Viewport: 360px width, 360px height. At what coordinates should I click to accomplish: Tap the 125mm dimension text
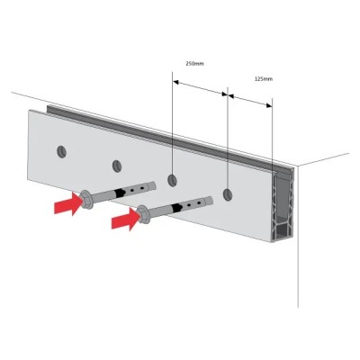(264, 79)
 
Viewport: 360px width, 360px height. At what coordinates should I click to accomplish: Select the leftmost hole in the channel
(61, 152)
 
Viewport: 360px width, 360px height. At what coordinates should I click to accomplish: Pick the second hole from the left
(117, 166)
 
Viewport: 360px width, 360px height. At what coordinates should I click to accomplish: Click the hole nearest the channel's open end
(228, 195)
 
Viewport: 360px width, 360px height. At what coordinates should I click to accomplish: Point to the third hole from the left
(172, 181)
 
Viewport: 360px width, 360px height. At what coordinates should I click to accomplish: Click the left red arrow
(68, 203)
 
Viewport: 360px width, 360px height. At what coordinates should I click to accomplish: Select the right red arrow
(126, 220)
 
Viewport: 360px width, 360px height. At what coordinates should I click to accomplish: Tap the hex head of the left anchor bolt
(85, 199)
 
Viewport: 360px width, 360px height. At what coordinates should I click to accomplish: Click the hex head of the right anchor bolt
(143, 215)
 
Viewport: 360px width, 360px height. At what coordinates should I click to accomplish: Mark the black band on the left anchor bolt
(121, 193)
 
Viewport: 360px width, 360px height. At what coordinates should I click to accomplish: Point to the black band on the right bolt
(177, 207)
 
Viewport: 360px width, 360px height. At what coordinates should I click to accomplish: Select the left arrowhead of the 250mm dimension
(176, 82)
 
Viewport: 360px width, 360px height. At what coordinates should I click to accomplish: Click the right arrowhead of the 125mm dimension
(269, 105)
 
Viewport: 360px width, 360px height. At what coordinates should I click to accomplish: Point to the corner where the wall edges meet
(297, 166)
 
